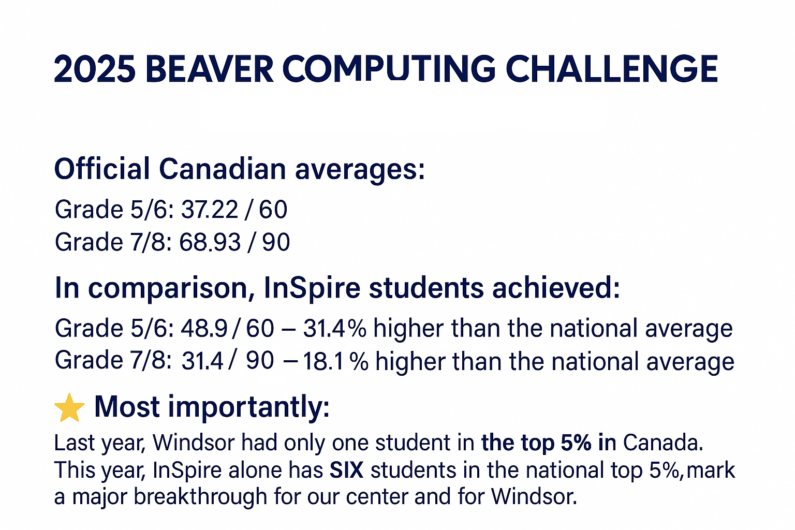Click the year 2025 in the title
[x=95, y=69]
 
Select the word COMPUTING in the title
[x=389, y=69]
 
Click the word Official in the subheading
[x=102, y=169]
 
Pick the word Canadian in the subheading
[x=223, y=169]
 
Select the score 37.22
[x=210, y=210]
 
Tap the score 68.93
[x=210, y=242]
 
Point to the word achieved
[x=556, y=288]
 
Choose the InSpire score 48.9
[x=204, y=328]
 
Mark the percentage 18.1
[x=323, y=361]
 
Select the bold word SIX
[x=346, y=470]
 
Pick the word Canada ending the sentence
[x=663, y=443]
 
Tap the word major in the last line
[x=99, y=498]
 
